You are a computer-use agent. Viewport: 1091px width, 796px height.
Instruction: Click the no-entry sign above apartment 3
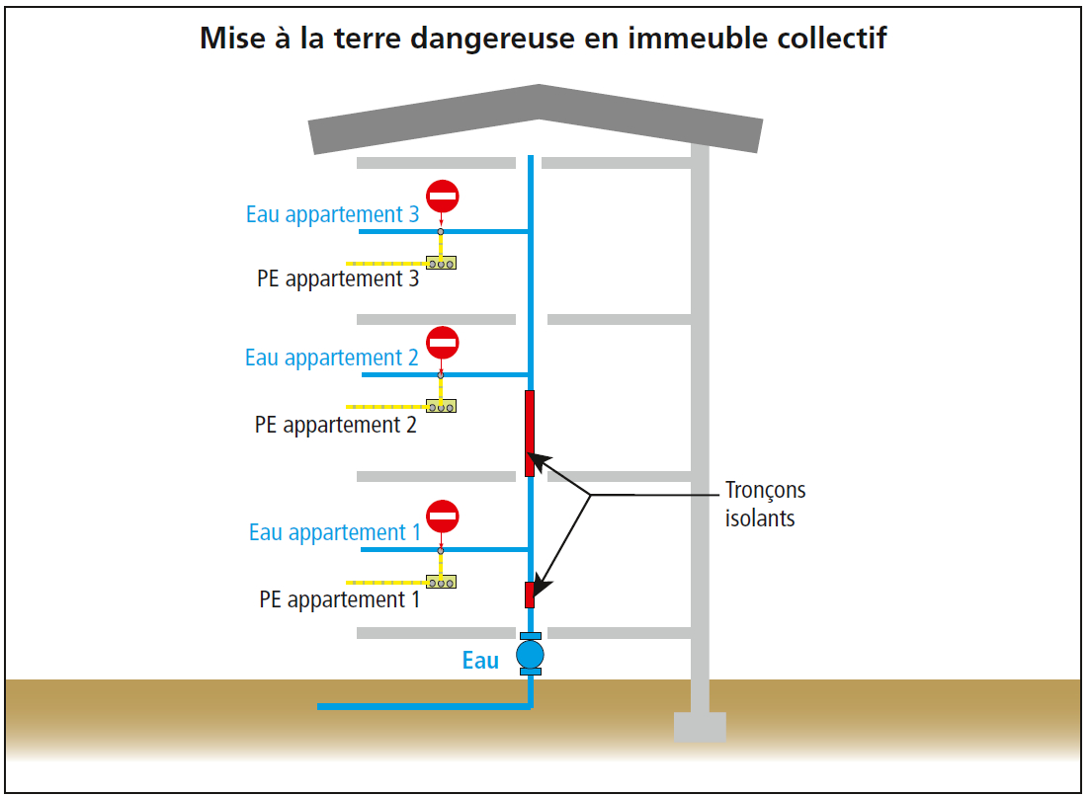point(443,197)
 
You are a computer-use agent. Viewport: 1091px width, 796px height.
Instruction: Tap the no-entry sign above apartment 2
point(443,342)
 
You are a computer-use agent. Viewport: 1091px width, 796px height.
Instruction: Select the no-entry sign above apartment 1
point(443,517)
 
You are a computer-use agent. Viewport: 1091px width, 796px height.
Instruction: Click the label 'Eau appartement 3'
point(333,215)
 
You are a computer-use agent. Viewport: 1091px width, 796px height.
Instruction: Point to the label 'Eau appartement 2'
point(331,358)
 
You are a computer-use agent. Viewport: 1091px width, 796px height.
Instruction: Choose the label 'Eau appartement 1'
point(335,532)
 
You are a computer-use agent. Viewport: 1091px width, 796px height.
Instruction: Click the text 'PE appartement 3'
point(338,279)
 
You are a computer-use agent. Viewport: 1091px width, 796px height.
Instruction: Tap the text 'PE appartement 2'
point(335,425)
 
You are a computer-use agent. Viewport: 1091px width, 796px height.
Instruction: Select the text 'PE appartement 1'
point(340,599)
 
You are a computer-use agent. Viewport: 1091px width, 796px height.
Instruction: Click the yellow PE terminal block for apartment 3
point(441,263)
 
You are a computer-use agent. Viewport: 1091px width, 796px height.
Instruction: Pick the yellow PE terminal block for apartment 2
point(441,406)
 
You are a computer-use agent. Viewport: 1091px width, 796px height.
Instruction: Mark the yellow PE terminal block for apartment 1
point(441,582)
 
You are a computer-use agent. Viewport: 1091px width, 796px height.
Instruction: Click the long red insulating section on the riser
point(530,434)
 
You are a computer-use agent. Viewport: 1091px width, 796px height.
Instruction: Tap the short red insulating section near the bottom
point(530,596)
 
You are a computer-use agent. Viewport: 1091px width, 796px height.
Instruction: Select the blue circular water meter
point(531,654)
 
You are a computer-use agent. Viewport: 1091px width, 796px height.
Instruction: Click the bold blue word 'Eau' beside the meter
point(481,661)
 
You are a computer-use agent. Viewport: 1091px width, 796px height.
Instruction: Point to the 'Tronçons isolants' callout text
point(765,505)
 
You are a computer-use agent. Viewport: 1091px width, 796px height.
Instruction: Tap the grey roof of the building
point(536,119)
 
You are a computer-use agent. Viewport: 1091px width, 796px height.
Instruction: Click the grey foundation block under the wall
point(700,727)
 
